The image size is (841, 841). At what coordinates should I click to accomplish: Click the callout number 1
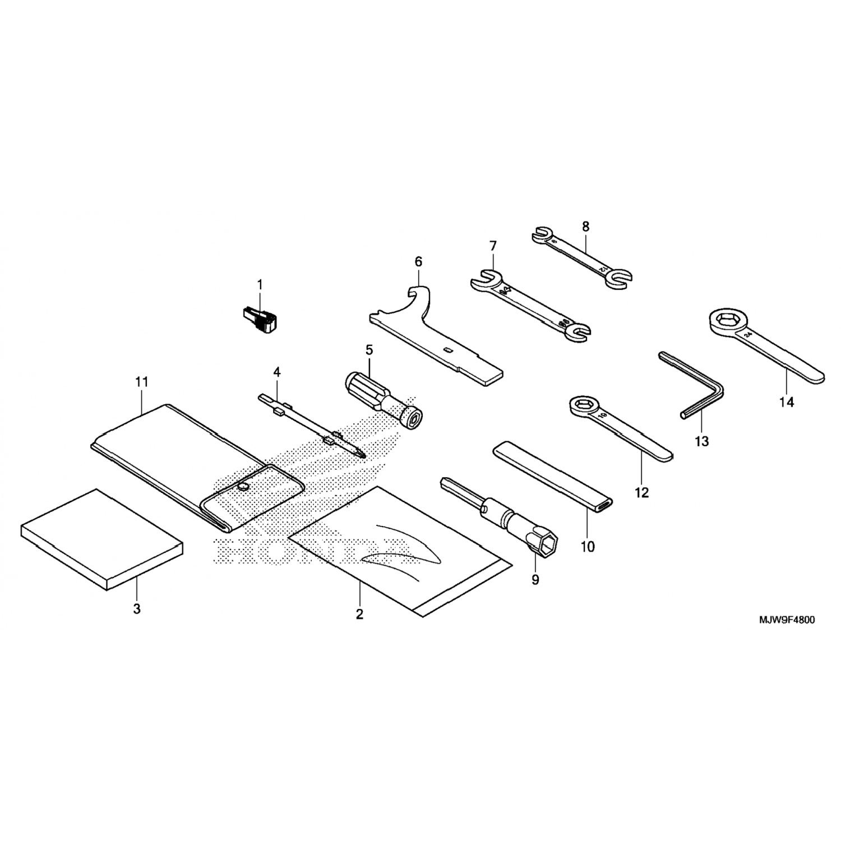(260, 285)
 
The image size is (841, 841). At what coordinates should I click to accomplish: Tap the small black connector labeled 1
(259, 319)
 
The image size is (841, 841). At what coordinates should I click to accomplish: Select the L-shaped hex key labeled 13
(695, 387)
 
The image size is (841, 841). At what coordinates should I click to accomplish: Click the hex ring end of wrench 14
(725, 321)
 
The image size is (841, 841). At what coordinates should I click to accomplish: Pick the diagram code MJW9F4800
(787, 620)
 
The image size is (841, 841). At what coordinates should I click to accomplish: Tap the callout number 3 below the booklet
(137, 608)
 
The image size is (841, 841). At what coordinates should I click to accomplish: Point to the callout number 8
(586, 227)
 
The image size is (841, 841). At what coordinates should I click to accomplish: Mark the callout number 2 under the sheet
(359, 614)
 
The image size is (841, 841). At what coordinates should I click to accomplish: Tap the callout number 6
(418, 261)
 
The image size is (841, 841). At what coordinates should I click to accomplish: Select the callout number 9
(535, 580)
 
